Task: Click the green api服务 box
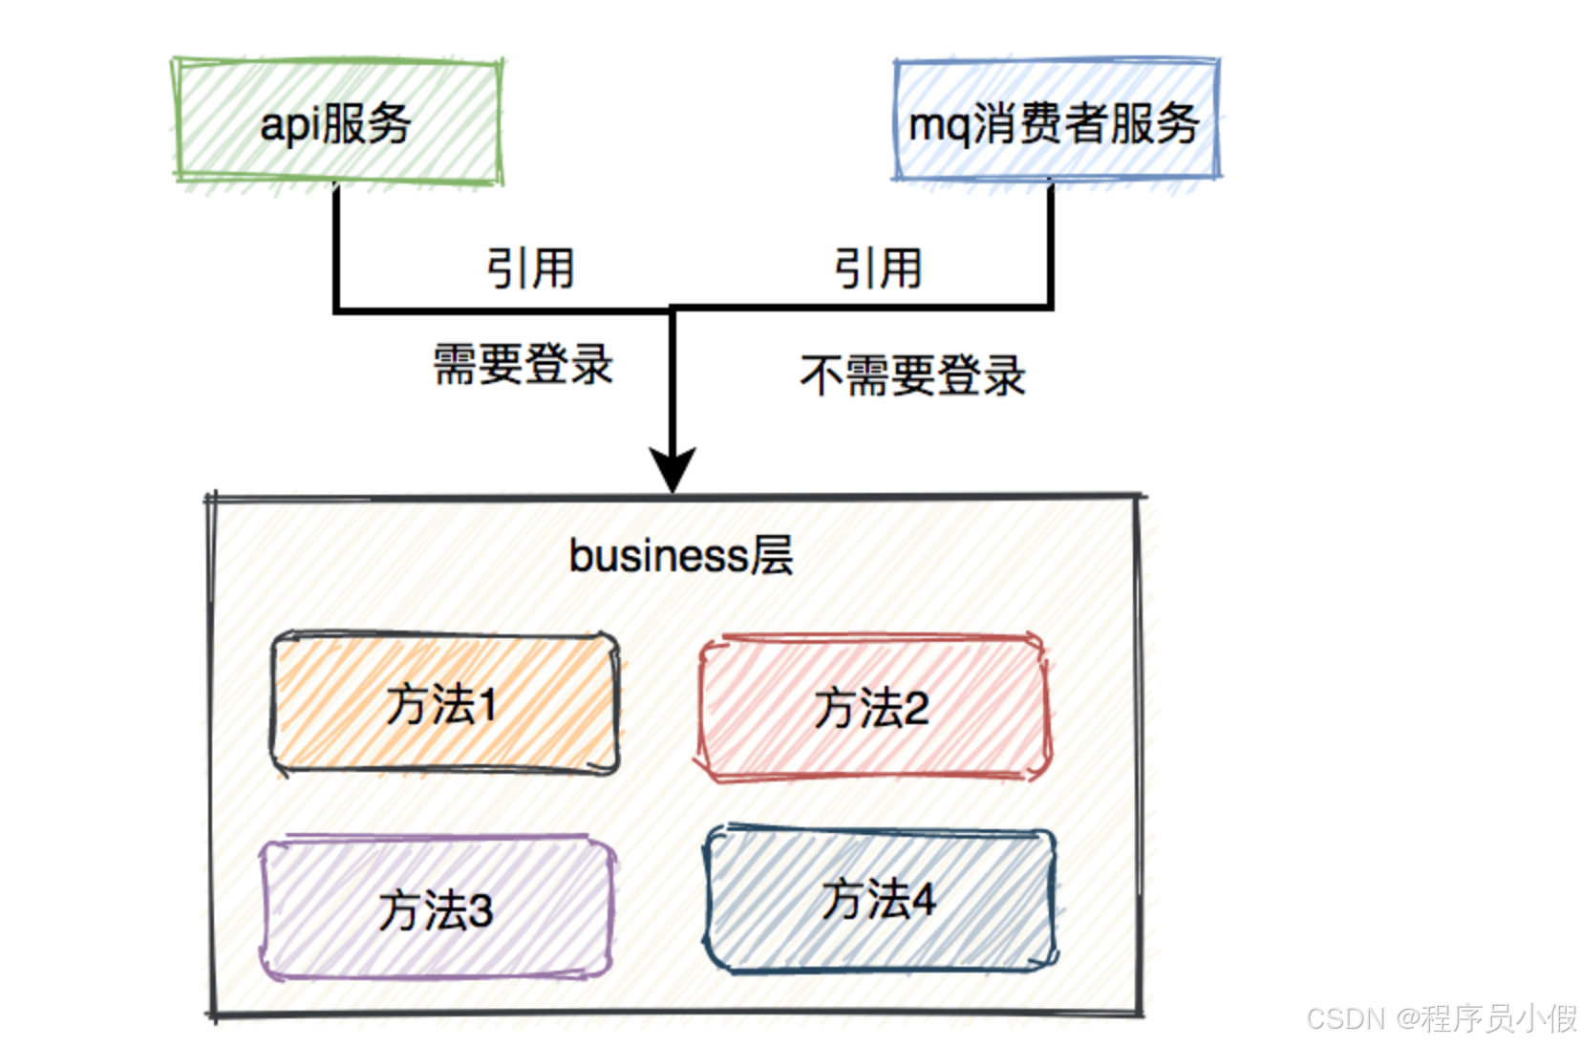[336, 121]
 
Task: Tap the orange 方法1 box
[444, 704]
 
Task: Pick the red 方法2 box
[871, 708]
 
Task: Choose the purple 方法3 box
[437, 908]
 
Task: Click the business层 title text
[680, 555]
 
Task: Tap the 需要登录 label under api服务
[523, 364]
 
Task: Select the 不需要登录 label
[912, 374]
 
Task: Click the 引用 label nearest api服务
[530, 267]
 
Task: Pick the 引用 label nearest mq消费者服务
[878, 267]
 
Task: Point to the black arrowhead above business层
[673, 468]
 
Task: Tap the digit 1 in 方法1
[488, 706]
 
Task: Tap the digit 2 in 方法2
[915, 709]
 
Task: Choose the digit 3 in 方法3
[480, 910]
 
